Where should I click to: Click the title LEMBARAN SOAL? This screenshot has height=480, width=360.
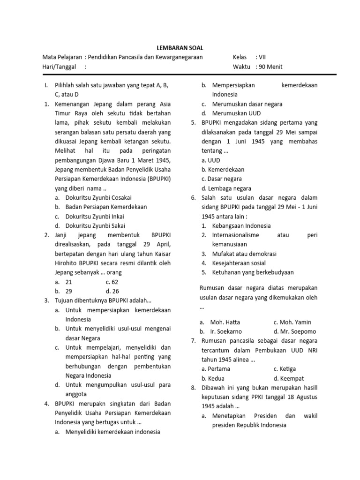(180, 48)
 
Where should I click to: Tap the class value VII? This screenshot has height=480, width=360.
(262, 57)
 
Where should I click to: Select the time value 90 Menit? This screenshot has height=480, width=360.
(271, 67)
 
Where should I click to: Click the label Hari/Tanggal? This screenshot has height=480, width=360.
(59, 67)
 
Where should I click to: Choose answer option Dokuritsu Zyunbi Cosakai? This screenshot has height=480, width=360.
(98, 198)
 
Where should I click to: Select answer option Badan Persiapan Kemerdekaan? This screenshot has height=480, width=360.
(106, 207)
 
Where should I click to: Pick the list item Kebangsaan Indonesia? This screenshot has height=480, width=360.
(241, 225)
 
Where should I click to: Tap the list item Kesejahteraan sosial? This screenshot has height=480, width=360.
(239, 263)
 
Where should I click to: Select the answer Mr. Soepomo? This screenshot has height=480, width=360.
(295, 331)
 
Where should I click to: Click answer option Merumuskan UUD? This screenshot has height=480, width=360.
(236, 113)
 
